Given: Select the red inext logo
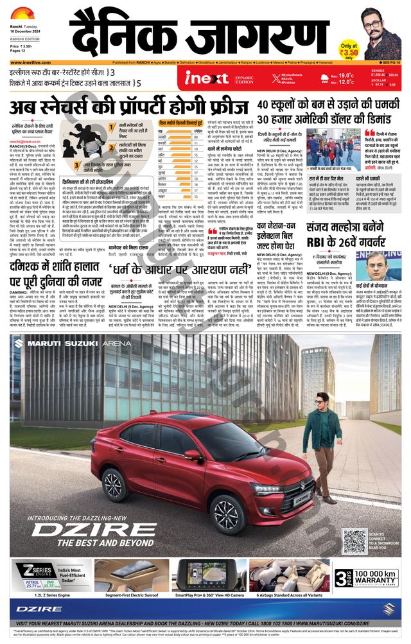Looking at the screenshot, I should click(207, 78).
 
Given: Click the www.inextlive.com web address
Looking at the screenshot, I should click(31, 63).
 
